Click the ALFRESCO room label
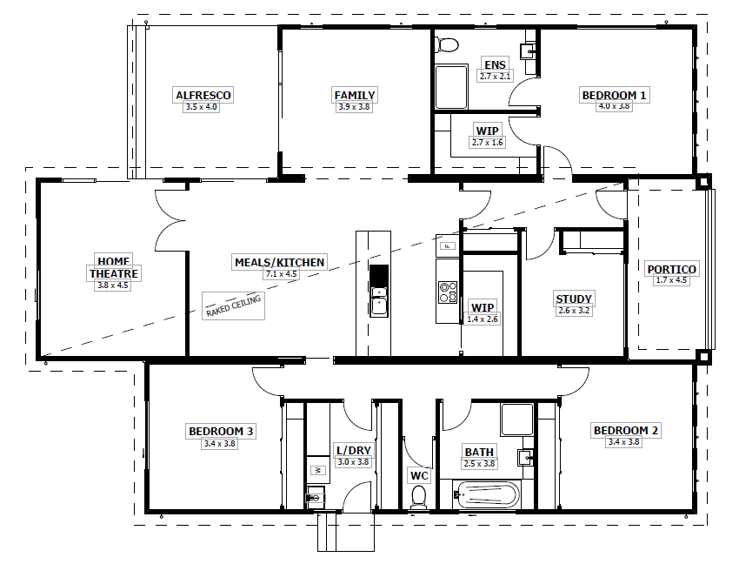coord(203,95)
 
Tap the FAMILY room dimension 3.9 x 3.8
coord(354,107)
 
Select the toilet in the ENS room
coord(449,45)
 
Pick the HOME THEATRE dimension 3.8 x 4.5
coord(112,285)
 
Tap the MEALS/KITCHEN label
coord(280,262)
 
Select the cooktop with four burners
coord(448,292)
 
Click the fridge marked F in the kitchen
coord(448,246)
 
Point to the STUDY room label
coord(574,299)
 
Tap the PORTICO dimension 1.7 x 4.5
coord(670,280)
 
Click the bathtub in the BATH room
coord(486,497)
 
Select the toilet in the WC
coord(418,496)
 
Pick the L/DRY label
coord(353,451)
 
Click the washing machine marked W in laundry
coord(317,470)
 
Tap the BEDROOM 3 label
coord(221,431)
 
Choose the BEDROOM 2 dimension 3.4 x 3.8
coord(624,442)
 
